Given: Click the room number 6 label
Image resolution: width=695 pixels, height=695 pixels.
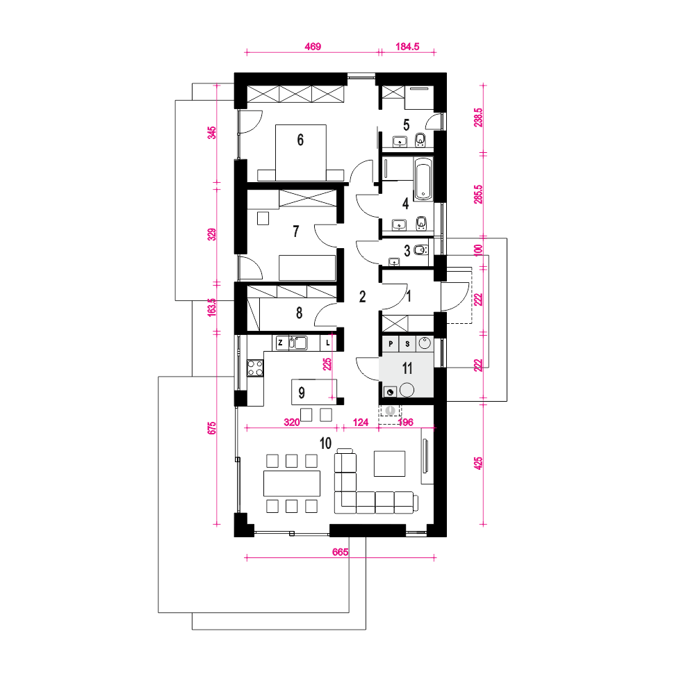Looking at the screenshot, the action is [300, 140].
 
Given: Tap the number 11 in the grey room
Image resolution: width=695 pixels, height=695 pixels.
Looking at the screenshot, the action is [407, 368].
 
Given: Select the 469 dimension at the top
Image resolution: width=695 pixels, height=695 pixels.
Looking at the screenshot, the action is [313, 47].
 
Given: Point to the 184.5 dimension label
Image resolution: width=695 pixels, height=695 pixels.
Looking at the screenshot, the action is [407, 47].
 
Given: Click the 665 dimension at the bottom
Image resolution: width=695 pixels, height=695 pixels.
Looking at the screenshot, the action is [341, 552].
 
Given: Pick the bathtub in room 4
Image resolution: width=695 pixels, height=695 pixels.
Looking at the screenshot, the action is [423, 179].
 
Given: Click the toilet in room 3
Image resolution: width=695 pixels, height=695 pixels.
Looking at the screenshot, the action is [420, 250].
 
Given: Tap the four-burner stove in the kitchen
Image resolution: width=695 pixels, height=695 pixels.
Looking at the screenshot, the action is [255, 368].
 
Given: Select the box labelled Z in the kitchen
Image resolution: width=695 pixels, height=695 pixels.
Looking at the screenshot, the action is [280, 343].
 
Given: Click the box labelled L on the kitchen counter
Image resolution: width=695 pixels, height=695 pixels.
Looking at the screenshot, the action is [327, 343].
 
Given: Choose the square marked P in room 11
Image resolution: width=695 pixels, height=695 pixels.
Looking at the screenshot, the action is [391, 343].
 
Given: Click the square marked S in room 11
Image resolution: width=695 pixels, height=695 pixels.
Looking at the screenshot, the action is [407, 343].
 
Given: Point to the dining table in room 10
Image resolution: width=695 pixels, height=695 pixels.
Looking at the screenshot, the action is [292, 484].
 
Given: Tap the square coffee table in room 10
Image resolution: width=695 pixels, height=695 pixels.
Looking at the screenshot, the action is [390, 464].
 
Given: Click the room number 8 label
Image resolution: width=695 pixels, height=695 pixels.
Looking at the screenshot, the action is [299, 313].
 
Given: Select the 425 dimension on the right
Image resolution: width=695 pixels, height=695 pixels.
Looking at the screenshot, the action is [478, 464].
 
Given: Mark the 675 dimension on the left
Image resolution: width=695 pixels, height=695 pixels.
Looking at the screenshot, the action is [212, 428].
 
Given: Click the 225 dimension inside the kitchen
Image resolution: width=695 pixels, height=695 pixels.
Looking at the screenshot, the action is [327, 364].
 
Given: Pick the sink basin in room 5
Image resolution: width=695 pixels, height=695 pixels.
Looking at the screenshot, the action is [401, 142].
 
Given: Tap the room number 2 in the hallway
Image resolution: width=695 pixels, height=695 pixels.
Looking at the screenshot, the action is [363, 297].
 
